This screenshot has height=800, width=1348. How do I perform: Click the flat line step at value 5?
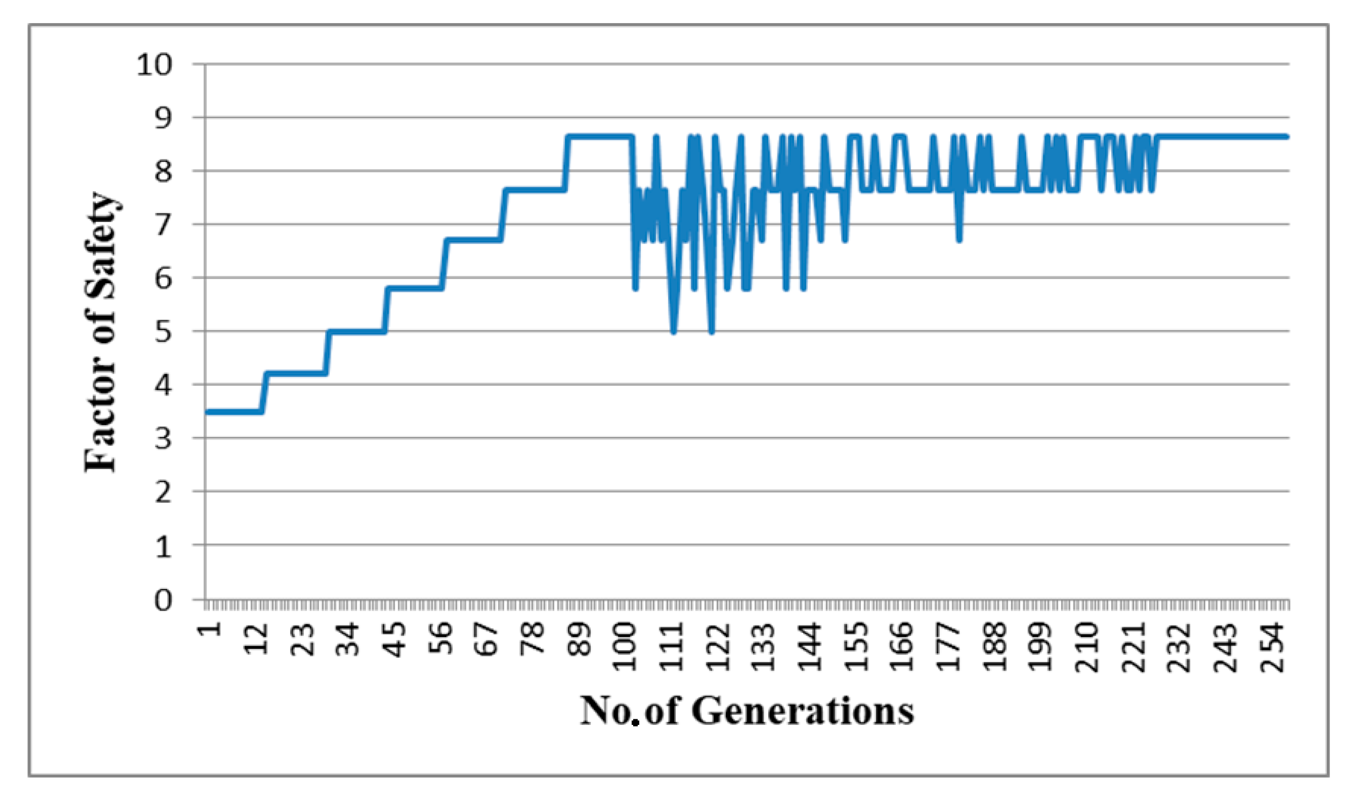pos(356,332)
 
